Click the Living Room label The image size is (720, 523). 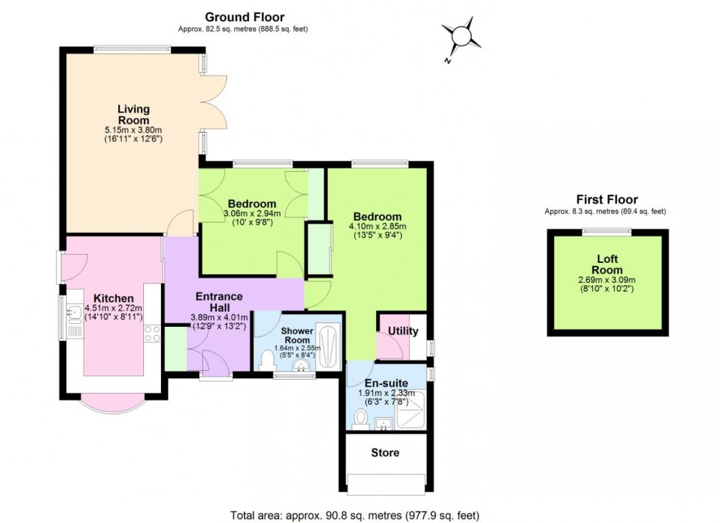pos(133,115)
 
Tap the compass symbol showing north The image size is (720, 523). pos(461,36)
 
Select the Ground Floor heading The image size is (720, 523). pos(244,17)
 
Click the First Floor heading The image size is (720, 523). pos(606,199)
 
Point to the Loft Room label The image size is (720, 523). pos(607,264)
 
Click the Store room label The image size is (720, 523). pos(385,452)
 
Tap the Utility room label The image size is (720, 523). pos(403,331)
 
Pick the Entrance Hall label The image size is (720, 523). pos(218,302)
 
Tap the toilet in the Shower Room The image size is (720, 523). pos(267,360)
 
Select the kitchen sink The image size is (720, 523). pos(74,316)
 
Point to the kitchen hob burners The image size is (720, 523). pos(152,333)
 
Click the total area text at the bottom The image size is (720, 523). pos(359,516)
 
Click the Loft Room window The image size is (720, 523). pos(606,231)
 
